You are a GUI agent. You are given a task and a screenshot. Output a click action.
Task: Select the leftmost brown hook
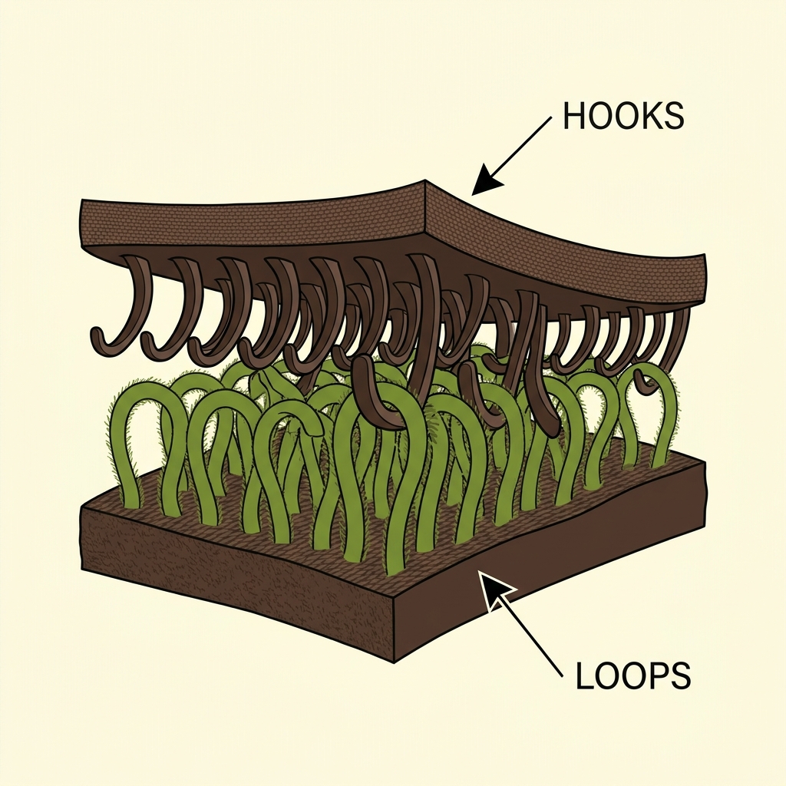pyautogui.click(x=123, y=307)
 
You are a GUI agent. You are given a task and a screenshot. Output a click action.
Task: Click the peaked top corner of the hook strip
pyautogui.click(x=424, y=183)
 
